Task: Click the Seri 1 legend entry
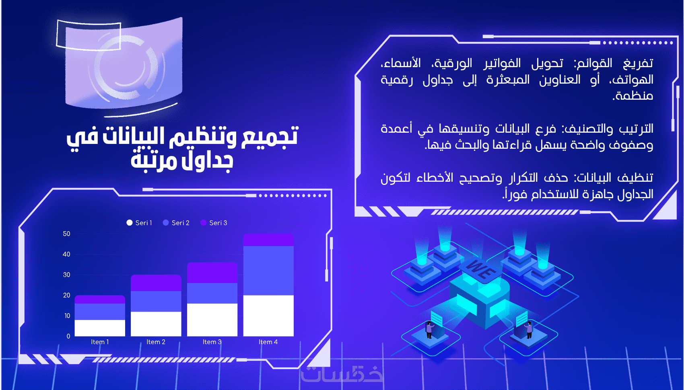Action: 139,223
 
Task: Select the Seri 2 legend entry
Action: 176,223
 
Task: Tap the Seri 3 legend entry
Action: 214,223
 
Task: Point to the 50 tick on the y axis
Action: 66,234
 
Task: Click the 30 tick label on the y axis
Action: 66,275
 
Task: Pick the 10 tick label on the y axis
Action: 67,316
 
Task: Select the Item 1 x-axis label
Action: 100,342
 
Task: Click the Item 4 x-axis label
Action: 268,342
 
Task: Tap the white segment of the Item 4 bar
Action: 268,316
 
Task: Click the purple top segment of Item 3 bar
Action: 212,273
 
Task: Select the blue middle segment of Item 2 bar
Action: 156,301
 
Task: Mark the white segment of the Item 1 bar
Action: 100,328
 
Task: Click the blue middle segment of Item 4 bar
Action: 268,270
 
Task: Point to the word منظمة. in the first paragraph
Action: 632,96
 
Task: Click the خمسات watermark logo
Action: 342,374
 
